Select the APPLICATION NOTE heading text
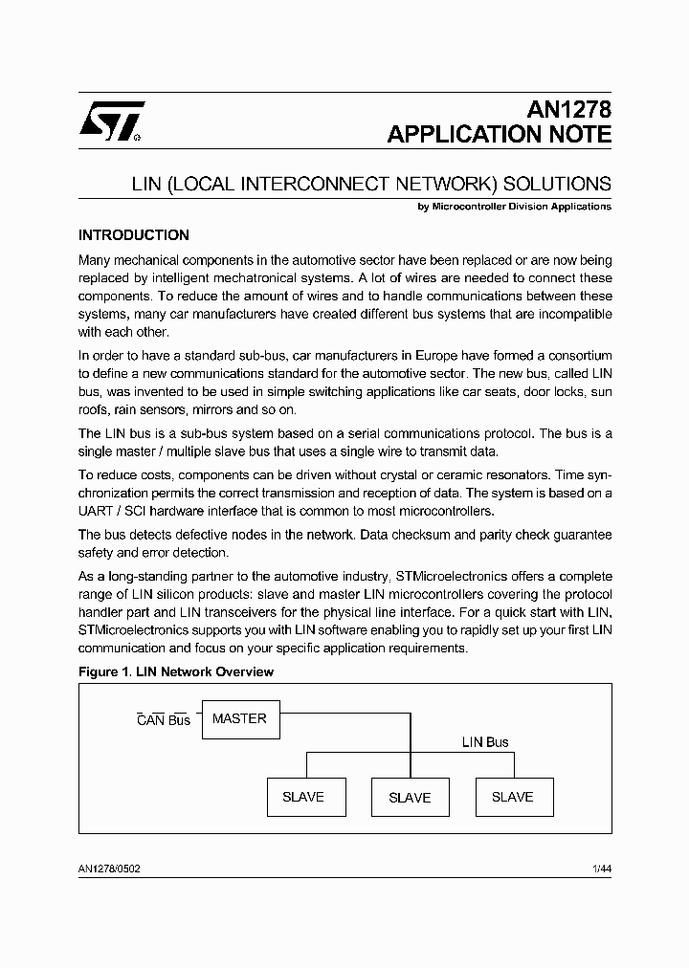(x=499, y=135)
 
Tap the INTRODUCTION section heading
(x=133, y=235)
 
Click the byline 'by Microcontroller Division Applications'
(x=515, y=207)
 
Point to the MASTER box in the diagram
(x=239, y=718)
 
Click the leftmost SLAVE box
(x=304, y=797)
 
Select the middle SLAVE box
(x=409, y=797)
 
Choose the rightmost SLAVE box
(x=513, y=797)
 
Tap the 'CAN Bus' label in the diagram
(x=164, y=720)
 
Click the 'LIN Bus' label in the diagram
(x=485, y=742)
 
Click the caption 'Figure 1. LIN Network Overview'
(x=175, y=672)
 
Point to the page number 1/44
(x=601, y=868)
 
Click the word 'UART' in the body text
(x=97, y=511)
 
